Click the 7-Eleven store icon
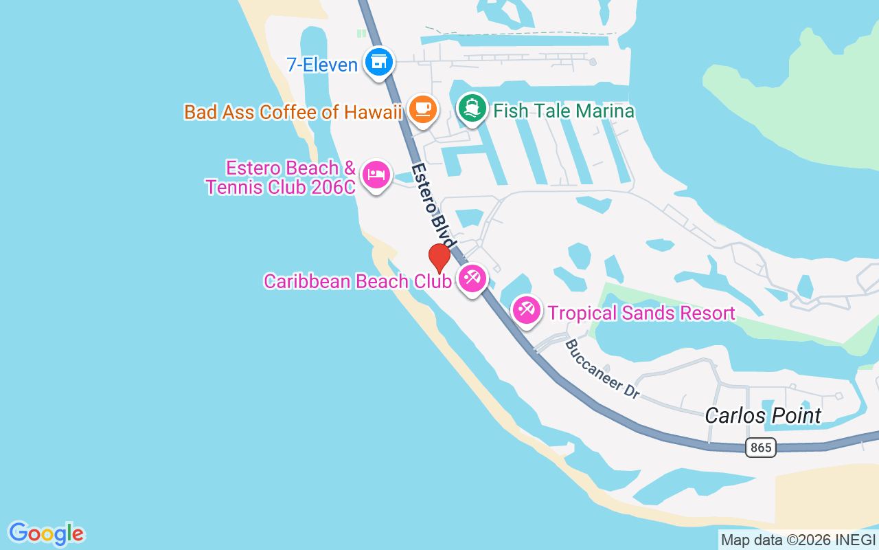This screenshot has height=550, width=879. (378, 63)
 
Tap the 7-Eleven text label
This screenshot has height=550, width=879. (322, 65)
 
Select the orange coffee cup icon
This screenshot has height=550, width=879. (422, 109)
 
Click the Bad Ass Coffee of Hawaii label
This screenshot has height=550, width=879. (293, 112)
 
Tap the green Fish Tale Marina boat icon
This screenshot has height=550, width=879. (472, 109)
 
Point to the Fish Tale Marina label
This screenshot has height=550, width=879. (563, 111)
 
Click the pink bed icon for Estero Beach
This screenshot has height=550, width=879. (376, 174)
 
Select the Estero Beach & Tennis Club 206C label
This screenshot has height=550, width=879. (282, 177)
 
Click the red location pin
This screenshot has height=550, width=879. (439, 258)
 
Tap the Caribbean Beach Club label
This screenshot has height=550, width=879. (357, 281)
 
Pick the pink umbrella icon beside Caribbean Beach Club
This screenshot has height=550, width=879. (472, 278)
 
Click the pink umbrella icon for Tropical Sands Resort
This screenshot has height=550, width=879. (527, 310)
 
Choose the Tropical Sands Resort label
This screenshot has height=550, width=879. (641, 313)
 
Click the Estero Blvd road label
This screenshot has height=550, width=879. (433, 206)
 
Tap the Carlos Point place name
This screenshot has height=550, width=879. (763, 416)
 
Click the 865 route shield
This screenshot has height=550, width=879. (760, 448)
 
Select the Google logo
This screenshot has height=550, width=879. (46, 533)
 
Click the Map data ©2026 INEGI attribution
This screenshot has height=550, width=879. (798, 540)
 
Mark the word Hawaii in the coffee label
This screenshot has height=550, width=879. (375, 112)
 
